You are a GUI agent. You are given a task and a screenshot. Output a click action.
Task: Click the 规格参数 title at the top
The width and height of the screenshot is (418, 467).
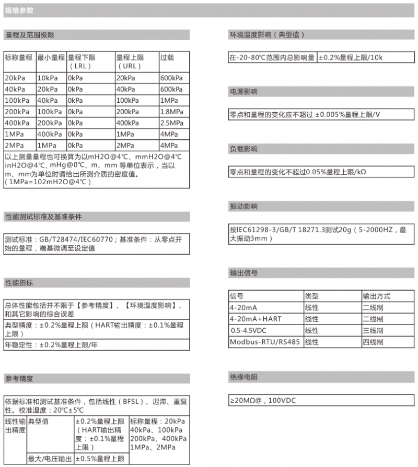coord(19,10)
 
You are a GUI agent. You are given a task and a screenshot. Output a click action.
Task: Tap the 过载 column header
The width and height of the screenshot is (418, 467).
coord(167,57)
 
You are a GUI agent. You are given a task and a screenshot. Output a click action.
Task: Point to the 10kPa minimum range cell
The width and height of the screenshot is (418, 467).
coord(47,78)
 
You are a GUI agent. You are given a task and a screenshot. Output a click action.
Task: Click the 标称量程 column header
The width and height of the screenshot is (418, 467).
coord(19,57)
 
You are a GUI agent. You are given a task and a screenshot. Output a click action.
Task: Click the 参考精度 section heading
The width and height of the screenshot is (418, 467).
coord(19,378)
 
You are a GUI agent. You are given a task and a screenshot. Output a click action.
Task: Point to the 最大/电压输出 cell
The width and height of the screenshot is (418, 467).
coord(50,459)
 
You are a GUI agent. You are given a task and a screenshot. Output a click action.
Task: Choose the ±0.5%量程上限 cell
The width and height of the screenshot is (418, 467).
coord(100,459)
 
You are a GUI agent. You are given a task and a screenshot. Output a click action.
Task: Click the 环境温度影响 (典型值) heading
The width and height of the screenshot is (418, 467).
coord(266,35)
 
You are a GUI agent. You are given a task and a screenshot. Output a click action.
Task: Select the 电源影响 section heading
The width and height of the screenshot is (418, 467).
coord(243,92)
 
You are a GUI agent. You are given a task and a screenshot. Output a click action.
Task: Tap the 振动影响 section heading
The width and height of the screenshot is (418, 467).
coord(243,207)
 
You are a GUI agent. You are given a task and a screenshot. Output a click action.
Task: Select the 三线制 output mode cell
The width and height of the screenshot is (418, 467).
coord(373,331)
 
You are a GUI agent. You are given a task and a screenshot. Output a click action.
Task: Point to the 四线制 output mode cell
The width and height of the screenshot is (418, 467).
coord(373,342)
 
